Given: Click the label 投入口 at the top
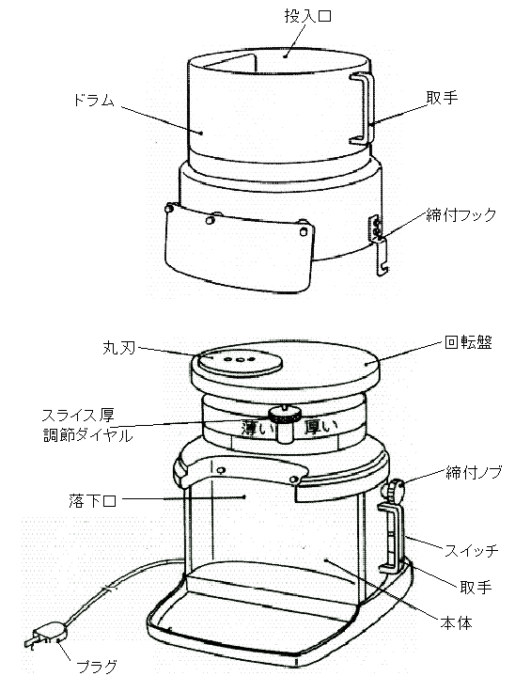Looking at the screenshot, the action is click(x=307, y=16).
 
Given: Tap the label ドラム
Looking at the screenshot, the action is click(x=94, y=101).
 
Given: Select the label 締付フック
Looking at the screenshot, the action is click(x=461, y=215).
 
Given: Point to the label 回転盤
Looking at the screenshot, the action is click(x=468, y=342).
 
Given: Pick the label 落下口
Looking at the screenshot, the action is click(x=92, y=501).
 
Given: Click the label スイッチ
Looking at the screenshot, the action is click(x=472, y=550).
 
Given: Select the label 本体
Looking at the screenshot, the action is click(x=456, y=623).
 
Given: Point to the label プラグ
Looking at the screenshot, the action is click(x=97, y=666).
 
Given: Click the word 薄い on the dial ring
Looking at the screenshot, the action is click(x=258, y=428).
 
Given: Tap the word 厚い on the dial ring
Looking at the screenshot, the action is click(x=321, y=426).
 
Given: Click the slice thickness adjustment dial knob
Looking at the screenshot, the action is click(x=285, y=423).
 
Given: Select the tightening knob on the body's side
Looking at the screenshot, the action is click(x=394, y=490).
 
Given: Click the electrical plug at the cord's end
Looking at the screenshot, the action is click(x=46, y=636).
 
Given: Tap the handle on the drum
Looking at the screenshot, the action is click(x=364, y=108).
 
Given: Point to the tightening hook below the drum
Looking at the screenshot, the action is click(x=379, y=245).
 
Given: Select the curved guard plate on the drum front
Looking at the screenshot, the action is click(x=239, y=248).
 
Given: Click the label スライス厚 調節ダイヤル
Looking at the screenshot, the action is click(x=87, y=425).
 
